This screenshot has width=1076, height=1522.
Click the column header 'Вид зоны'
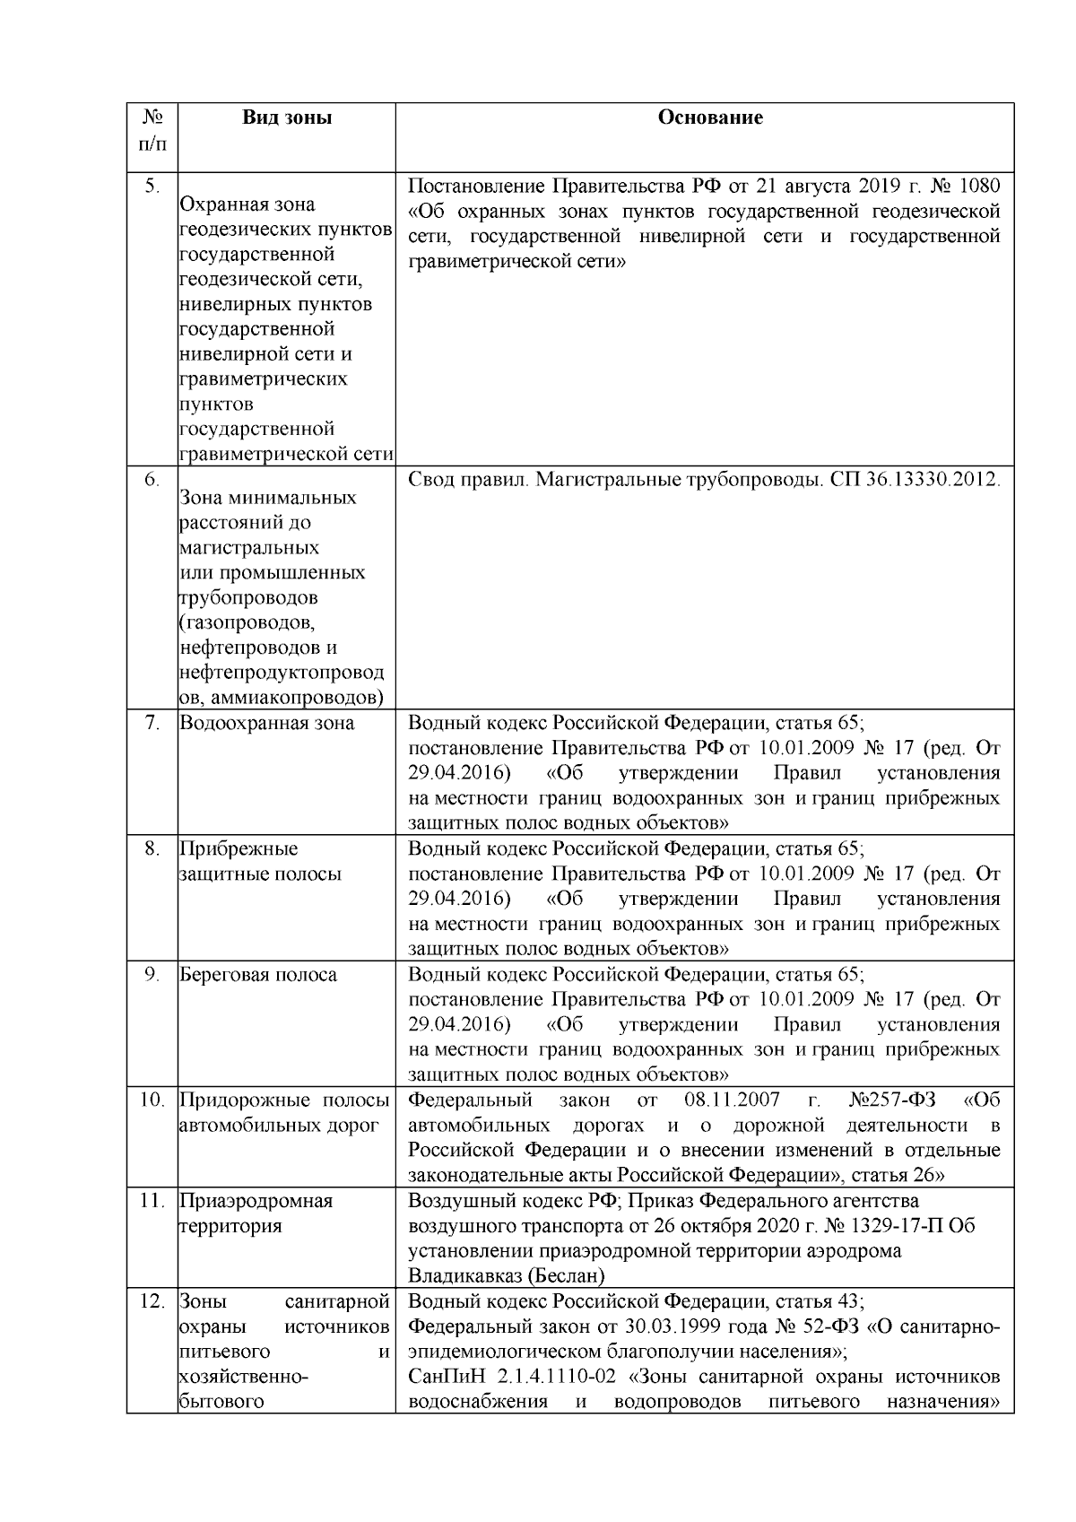pos(287,117)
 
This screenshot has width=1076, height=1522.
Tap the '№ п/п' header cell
pos(152,130)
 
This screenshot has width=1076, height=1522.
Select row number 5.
pos(152,187)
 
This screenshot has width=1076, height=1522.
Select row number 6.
pos(152,480)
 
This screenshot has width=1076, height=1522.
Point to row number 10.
pos(152,1100)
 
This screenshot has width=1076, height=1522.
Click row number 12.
pos(152,1300)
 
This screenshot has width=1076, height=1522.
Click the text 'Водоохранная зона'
pos(267,723)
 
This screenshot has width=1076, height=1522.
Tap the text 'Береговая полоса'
pos(258,975)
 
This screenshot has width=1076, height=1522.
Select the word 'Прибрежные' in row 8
pos(239,848)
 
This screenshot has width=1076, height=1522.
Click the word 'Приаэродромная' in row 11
pos(256,1201)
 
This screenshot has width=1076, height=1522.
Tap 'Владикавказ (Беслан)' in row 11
pos(507,1275)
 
